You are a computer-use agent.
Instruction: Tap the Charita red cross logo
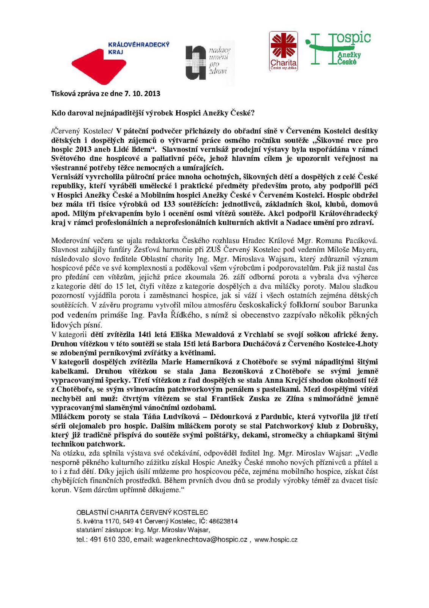click(x=283, y=51)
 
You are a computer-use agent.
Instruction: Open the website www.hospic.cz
click(x=276, y=540)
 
